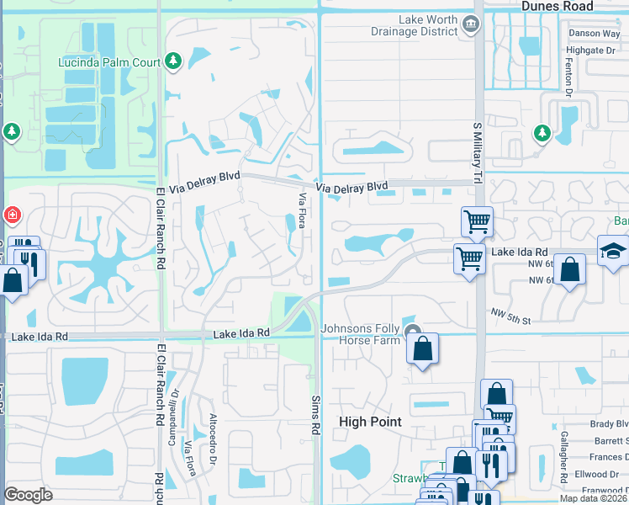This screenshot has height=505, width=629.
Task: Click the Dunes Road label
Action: [x=557, y=6]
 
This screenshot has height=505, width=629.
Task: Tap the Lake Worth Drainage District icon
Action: [x=472, y=26]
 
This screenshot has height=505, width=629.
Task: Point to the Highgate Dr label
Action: [x=598, y=50]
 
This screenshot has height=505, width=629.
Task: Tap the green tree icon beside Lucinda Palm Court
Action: [x=173, y=61]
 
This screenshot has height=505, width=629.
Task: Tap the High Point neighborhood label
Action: [x=370, y=422]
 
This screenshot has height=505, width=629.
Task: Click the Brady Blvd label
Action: [x=609, y=424]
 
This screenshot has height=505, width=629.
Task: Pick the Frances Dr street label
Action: [x=608, y=457]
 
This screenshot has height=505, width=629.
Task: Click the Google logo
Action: [x=28, y=495]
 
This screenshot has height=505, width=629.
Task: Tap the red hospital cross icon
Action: [x=12, y=215]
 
